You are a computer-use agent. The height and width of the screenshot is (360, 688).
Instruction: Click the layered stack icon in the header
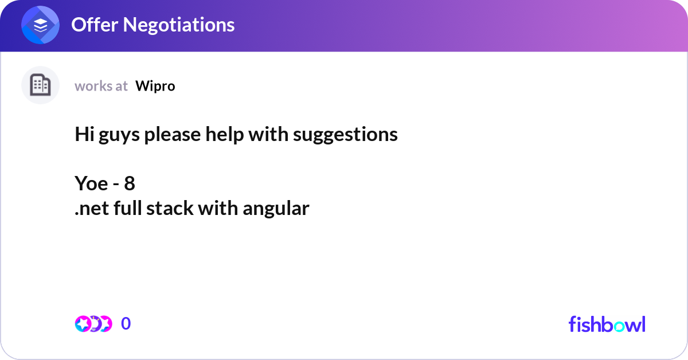point(41,25)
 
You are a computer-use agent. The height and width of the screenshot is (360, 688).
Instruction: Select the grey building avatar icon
point(40,85)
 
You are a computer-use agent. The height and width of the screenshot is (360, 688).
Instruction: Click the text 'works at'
point(101,86)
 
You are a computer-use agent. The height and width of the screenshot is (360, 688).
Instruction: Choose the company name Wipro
point(155,86)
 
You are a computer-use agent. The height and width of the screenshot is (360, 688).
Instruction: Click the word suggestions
point(345,135)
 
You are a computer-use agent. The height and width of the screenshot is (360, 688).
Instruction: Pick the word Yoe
point(91,183)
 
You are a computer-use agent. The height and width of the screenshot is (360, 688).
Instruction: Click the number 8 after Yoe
point(130,183)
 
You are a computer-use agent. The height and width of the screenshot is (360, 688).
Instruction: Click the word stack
point(170,209)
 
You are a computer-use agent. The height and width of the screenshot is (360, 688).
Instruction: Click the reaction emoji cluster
point(93,324)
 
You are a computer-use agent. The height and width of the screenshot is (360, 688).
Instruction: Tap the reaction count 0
point(126,324)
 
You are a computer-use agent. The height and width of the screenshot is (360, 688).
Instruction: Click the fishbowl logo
point(607,324)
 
